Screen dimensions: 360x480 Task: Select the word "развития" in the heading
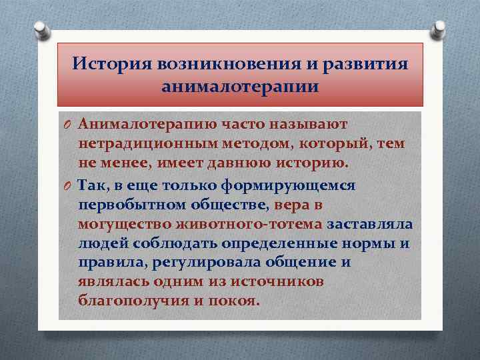[x=365, y=64]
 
